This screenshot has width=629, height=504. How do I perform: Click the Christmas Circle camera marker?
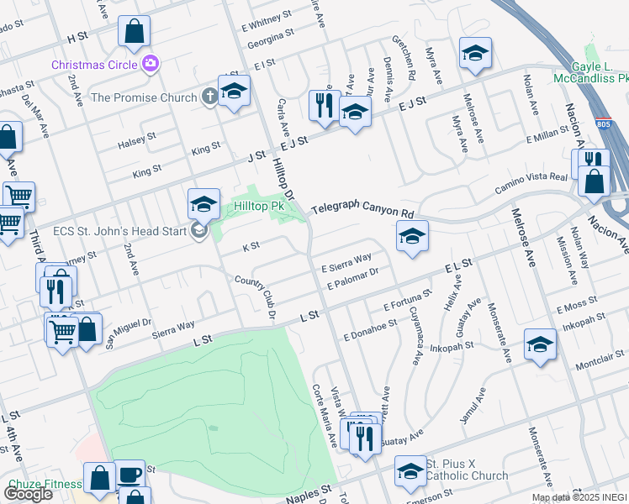(x=151, y=63)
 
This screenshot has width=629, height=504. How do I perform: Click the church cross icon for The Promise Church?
(x=209, y=97)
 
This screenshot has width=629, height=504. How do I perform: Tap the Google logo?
(x=28, y=493)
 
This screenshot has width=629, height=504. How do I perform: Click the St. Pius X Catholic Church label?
(x=466, y=470)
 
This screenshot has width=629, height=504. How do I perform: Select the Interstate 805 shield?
(x=604, y=123)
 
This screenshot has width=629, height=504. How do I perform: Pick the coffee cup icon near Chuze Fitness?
(x=129, y=475)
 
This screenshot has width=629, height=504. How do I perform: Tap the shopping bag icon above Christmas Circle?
(x=135, y=33)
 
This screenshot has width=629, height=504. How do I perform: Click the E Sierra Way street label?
(x=346, y=263)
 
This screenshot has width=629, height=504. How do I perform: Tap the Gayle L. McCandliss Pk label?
(x=590, y=72)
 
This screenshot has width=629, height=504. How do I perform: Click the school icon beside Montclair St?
(x=540, y=344)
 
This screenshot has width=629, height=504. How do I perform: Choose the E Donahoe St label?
(x=370, y=329)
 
